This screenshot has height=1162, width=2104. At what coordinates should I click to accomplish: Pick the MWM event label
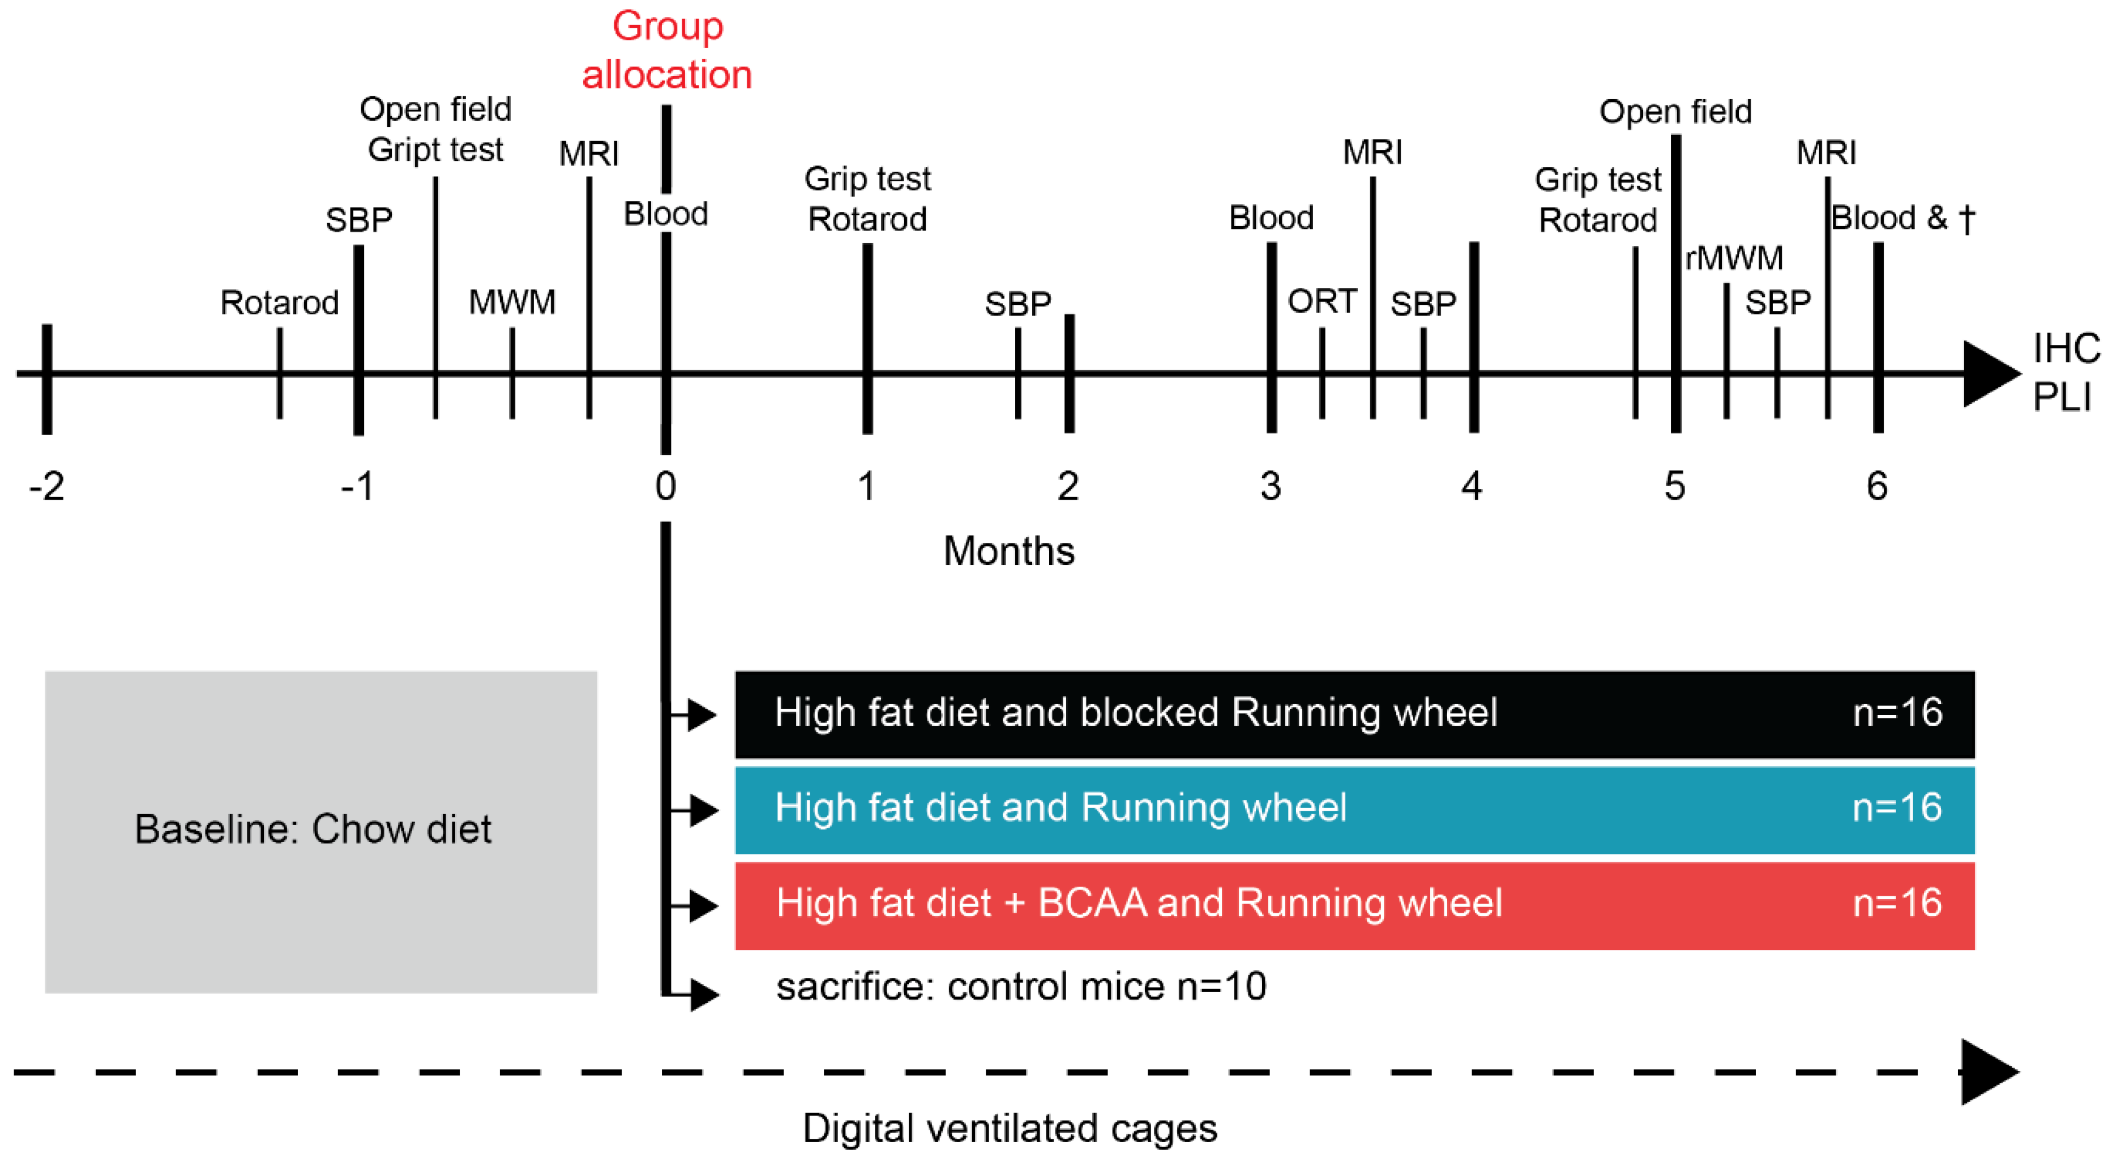512,303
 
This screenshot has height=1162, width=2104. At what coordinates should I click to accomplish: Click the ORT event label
1322,301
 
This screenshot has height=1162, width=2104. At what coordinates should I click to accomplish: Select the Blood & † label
1903,218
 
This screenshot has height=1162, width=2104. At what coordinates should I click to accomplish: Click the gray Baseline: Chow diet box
320,831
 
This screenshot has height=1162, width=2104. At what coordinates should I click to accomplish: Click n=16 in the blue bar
1897,808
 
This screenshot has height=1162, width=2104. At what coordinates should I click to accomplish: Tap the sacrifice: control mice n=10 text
1021,986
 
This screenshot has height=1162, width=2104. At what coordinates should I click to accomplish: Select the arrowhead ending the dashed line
1989,1071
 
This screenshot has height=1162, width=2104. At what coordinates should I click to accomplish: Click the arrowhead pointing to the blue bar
703,810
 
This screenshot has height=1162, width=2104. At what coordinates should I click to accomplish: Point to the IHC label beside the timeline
2065,349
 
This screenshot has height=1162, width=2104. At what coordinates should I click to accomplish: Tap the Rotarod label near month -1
279,303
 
